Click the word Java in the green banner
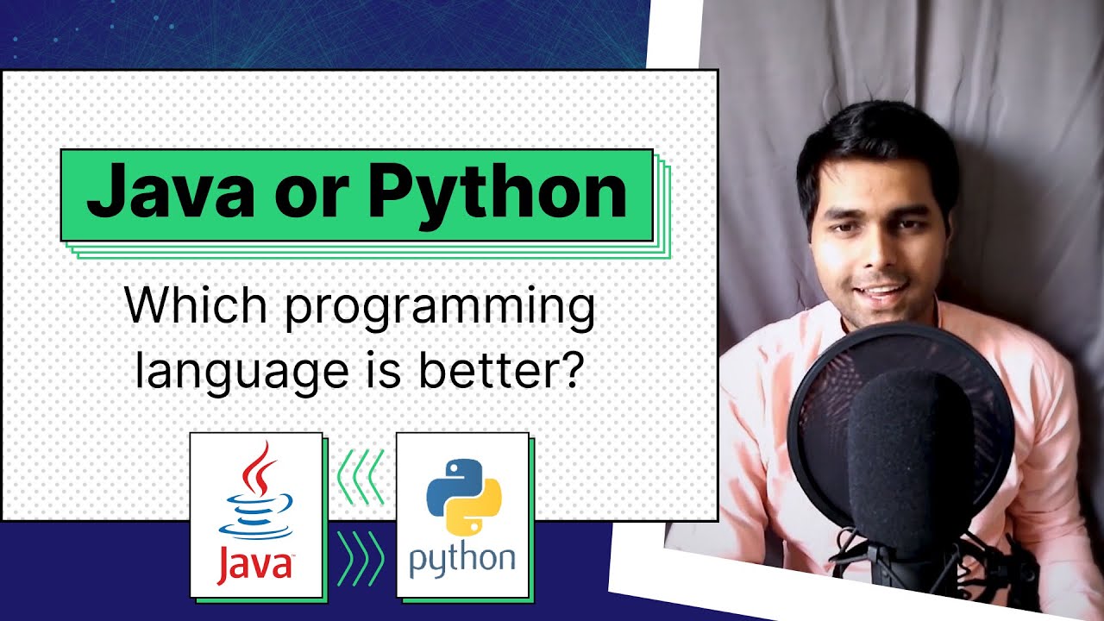click(x=170, y=195)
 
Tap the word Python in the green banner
click(x=498, y=195)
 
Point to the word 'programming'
click(x=440, y=310)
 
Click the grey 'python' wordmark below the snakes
click(x=462, y=561)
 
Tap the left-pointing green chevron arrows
click(x=360, y=476)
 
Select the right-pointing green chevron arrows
click(x=360, y=559)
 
